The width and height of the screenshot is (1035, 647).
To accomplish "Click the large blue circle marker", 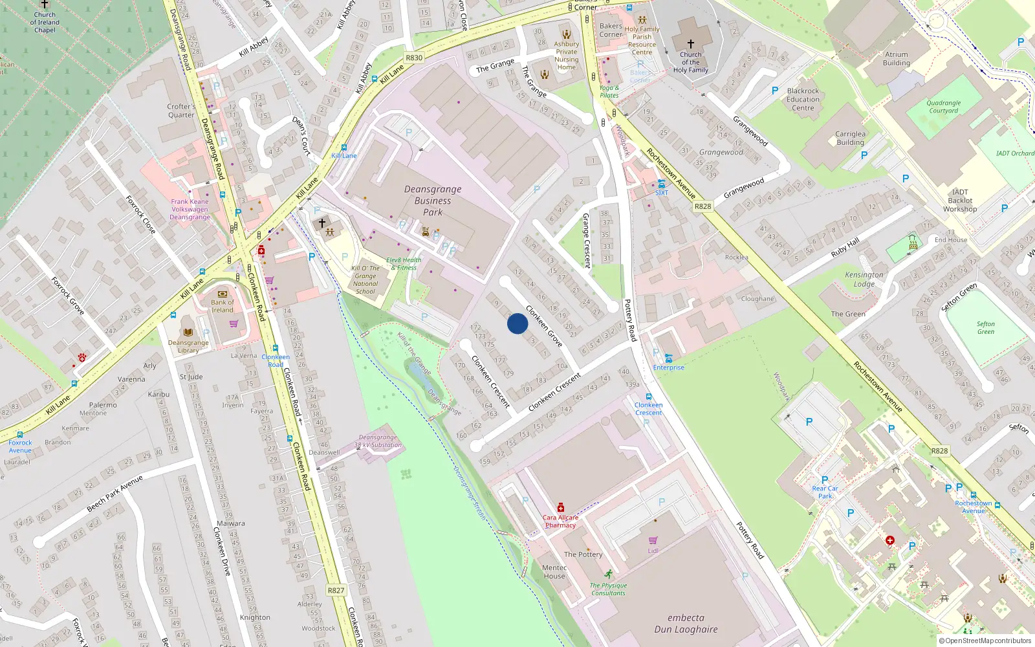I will [x=517, y=323].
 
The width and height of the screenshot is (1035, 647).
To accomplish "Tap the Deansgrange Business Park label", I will [x=433, y=201].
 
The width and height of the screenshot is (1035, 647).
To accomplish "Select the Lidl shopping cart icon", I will [x=653, y=540].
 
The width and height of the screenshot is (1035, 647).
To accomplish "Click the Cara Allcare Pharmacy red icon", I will [x=561, y=507].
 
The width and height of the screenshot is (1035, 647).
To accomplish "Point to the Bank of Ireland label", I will [x=223, y=306].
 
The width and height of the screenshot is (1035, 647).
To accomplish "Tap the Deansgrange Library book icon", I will [x=188, y=332].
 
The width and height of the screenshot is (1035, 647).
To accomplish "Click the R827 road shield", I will [x=336, y=590].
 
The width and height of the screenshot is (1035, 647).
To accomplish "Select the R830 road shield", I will [x=414, y=58].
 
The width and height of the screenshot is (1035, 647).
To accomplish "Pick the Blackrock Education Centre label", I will [x=803, y=100].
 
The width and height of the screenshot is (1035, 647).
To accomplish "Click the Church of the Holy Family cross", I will [x=690, y=44].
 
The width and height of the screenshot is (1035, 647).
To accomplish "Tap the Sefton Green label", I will [x=985, y=328].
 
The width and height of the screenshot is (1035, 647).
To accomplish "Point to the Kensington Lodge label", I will [x=864, y=279].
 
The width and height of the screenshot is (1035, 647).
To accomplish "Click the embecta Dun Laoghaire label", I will [x=686, y=623].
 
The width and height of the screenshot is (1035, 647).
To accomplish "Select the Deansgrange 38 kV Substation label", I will [x=378, y=441].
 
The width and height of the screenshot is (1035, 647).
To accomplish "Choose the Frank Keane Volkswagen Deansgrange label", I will [x=190, y=209].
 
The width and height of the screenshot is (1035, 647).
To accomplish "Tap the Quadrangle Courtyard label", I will [x=943, y=107].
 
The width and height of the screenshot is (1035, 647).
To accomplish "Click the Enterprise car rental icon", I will [x=668, y=358].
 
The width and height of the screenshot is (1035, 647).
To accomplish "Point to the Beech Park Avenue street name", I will [x=114, y=493].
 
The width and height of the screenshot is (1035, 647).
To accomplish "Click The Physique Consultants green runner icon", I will [x=608, y=574].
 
